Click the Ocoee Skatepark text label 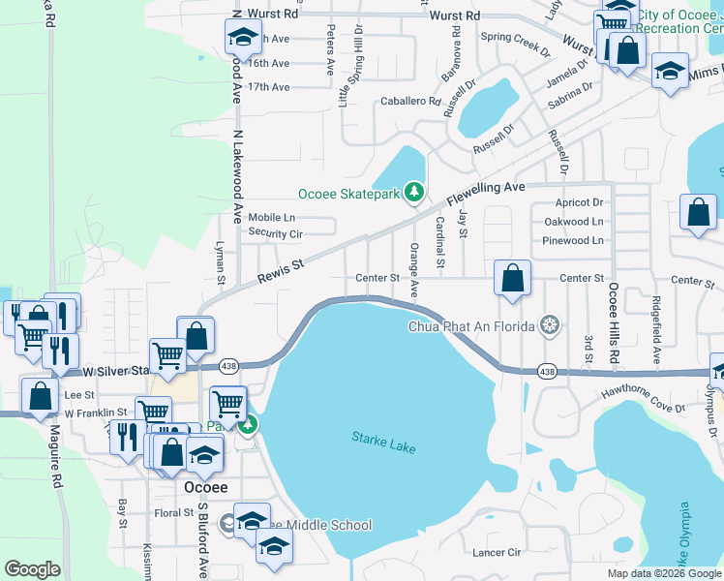(x=348, y=193)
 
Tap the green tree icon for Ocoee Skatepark (x=414, y=193)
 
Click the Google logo (x=32, y=569)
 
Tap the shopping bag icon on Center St (x=513, y=278)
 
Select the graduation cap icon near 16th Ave (x=242, y=39)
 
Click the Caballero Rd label (x=409, y=100)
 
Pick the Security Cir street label (x=276, y=233)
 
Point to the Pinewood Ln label (x=572, y=240)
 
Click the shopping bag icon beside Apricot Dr (x=698, y=212)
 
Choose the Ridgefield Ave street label (x=656, y=331)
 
